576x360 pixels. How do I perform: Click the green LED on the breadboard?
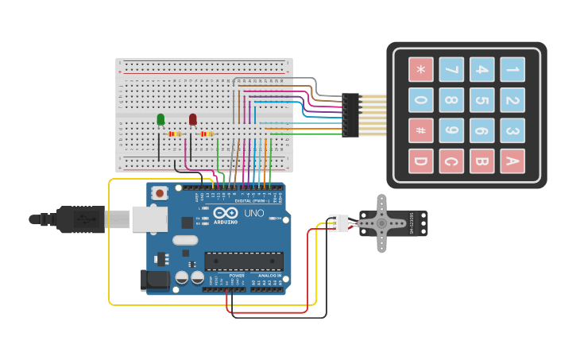[160, 119]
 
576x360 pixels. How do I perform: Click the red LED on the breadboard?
[192, 119]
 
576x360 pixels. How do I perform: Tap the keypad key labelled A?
[512, 161]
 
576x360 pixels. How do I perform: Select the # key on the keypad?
[421, 130]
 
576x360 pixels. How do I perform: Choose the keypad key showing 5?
[481, 100]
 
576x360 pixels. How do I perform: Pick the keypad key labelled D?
[421, 161]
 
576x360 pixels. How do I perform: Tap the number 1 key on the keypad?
[512, 70]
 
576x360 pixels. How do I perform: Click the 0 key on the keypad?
[421, 100]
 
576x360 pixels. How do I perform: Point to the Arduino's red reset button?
[160, 193]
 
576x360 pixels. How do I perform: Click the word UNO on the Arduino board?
[253, 214]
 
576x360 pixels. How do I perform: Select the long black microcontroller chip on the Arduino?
[244, 261]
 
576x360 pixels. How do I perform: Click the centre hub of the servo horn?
[381, 223]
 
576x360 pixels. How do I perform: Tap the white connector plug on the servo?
[339, 223]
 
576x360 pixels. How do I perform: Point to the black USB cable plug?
[79, 219]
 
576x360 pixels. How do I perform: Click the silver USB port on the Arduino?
[149, 219]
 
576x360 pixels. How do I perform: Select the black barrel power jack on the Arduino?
[154, 279]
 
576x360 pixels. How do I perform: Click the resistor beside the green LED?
[176, 134]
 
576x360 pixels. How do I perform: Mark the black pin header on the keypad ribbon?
[350, 115]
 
